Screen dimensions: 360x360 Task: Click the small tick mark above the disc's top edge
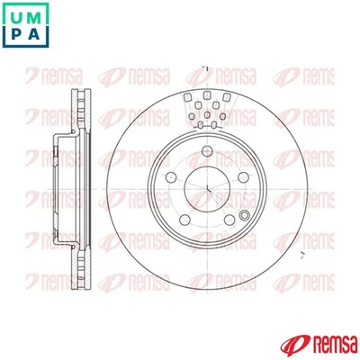205,68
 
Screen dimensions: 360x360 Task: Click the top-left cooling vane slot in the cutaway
189,98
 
